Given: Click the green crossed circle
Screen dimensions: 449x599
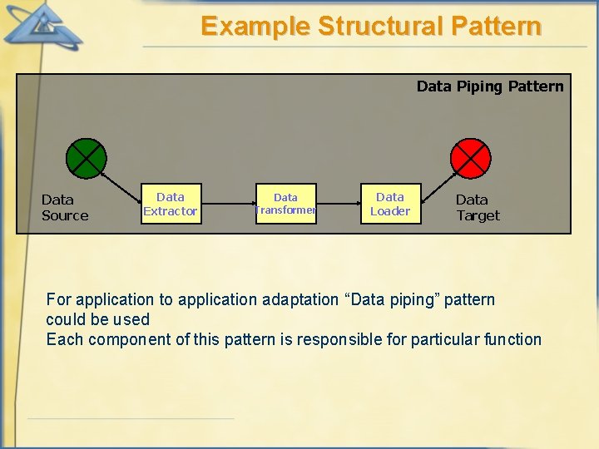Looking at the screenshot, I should (x=87, y=159).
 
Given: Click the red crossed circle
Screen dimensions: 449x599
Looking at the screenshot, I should (x=471, y=159).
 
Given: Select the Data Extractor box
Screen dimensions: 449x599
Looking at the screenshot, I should (x=171, y=204).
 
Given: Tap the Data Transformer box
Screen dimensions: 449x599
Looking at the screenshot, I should (x=285, y=204).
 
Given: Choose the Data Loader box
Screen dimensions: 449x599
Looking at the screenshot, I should (x=390, y=204).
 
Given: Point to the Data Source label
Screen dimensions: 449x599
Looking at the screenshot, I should (x=64, y=207).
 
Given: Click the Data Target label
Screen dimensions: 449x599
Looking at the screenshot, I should (x=478, y=207).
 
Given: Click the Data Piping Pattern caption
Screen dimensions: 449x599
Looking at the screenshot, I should (x=489, y=86).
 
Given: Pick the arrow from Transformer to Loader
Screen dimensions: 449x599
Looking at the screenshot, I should (x=339, y=204).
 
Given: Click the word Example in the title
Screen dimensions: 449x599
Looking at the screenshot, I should (x=255, y=27).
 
